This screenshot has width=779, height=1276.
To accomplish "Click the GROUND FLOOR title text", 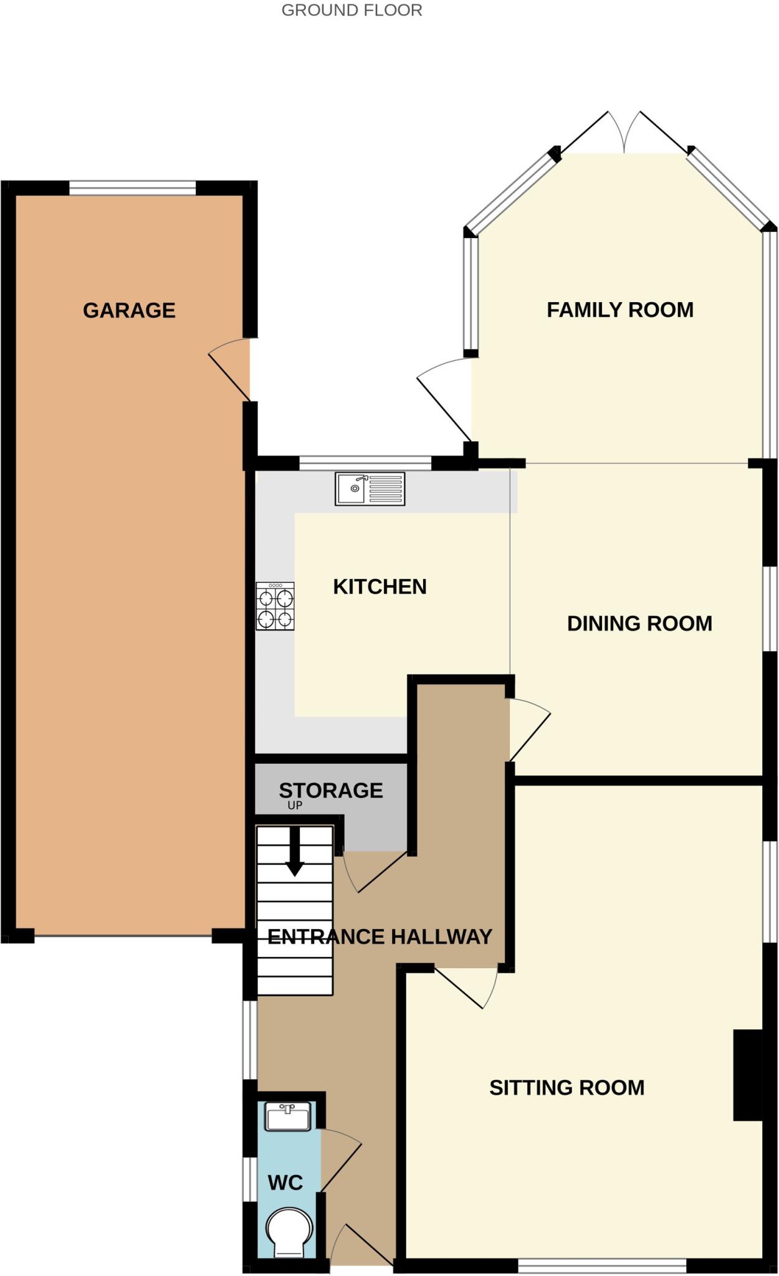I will (351, 11).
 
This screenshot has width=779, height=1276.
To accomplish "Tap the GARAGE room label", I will (129, 310).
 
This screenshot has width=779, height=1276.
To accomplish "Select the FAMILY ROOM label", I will (619, 310).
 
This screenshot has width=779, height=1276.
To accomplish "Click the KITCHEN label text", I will (380, 586).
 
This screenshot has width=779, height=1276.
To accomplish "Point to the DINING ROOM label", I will (639, 623).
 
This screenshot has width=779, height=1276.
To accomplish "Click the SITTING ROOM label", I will (566, 1087).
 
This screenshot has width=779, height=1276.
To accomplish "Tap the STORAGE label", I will (330, 790).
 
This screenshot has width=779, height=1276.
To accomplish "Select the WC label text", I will (285, 1182).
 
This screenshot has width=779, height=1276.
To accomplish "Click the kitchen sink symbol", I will (370, 488).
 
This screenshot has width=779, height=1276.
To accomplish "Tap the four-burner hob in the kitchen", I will (275, 606).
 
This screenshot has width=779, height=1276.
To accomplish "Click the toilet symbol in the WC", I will (289, 1232).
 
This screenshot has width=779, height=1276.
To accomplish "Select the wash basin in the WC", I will (287, 1116).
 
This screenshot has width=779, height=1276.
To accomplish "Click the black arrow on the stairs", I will (295, 852).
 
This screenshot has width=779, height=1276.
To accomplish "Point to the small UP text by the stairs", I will (295, 805).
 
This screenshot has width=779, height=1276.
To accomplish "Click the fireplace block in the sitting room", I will (747, 1075).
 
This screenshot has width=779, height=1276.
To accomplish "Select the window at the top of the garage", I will (132, 188).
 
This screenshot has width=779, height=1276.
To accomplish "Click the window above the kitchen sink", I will (365, 463).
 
